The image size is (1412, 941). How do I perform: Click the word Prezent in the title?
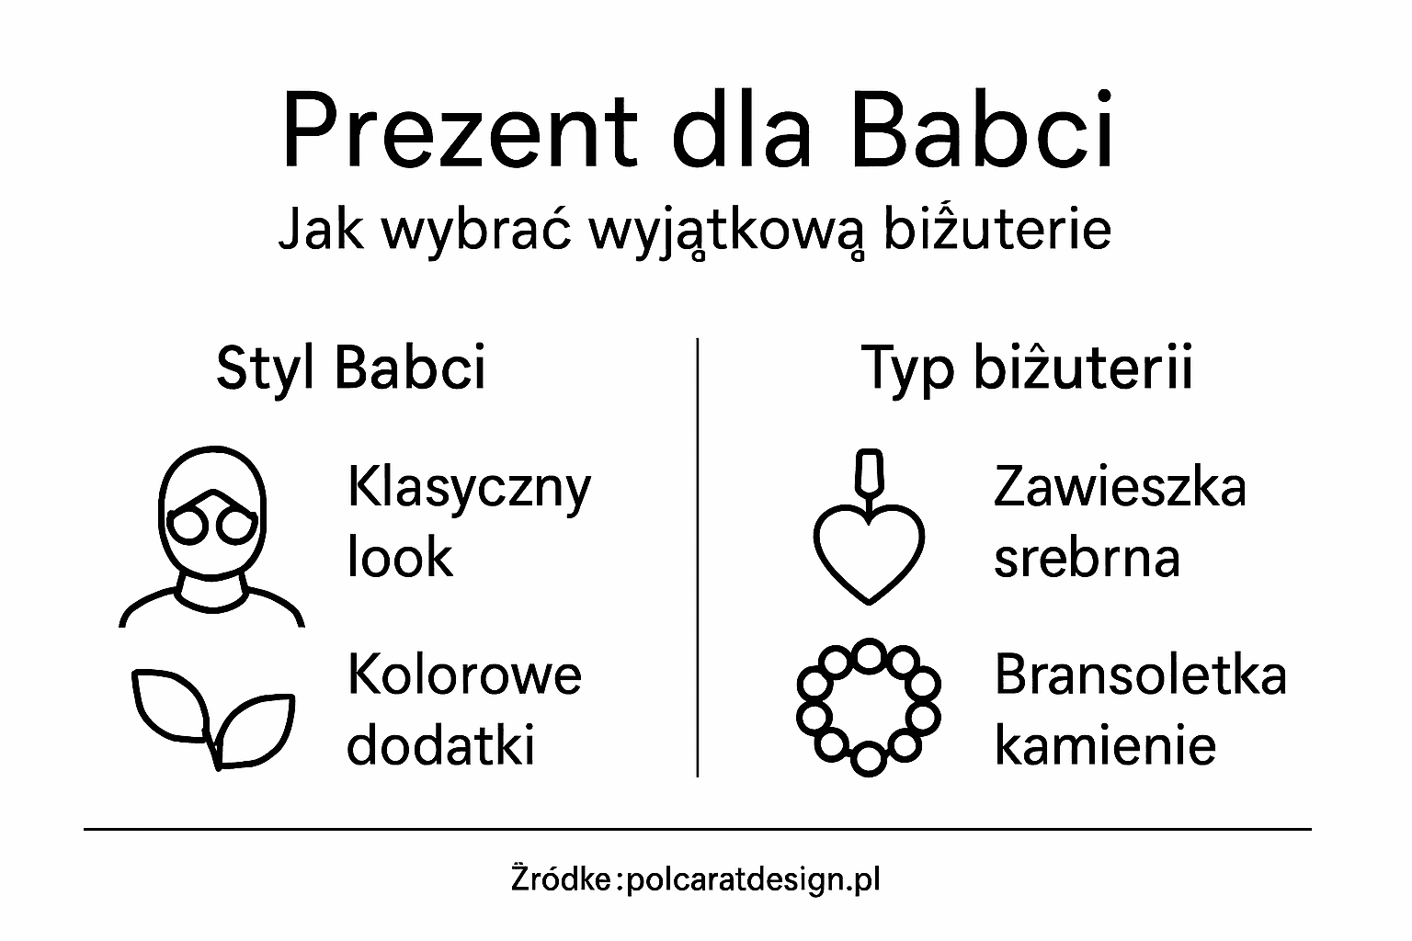(x=459, y=130)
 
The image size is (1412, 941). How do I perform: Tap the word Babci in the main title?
(x=983, y=130)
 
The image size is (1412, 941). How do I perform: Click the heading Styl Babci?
(x=350, y=368)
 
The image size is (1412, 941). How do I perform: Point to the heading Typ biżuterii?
(x=1026, y=368)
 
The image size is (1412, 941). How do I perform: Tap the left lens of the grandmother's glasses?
(x=193, y=526)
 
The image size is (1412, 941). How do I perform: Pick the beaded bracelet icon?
(x=868, y=707)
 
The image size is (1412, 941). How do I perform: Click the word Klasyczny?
(x=469, y=489)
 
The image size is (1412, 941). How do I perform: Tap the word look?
(x=400, y=557)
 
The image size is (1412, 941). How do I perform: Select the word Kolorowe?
(x=464, y=675)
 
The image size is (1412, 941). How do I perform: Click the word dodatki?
(x=440, y=744)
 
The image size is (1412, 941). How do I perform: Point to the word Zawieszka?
(x=1120, y=487)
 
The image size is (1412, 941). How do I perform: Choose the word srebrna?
(x=1087, y=557)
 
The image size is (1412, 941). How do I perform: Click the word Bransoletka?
(x=1140, y=675)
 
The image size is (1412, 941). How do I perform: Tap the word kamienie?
(x=1105, y=744)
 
